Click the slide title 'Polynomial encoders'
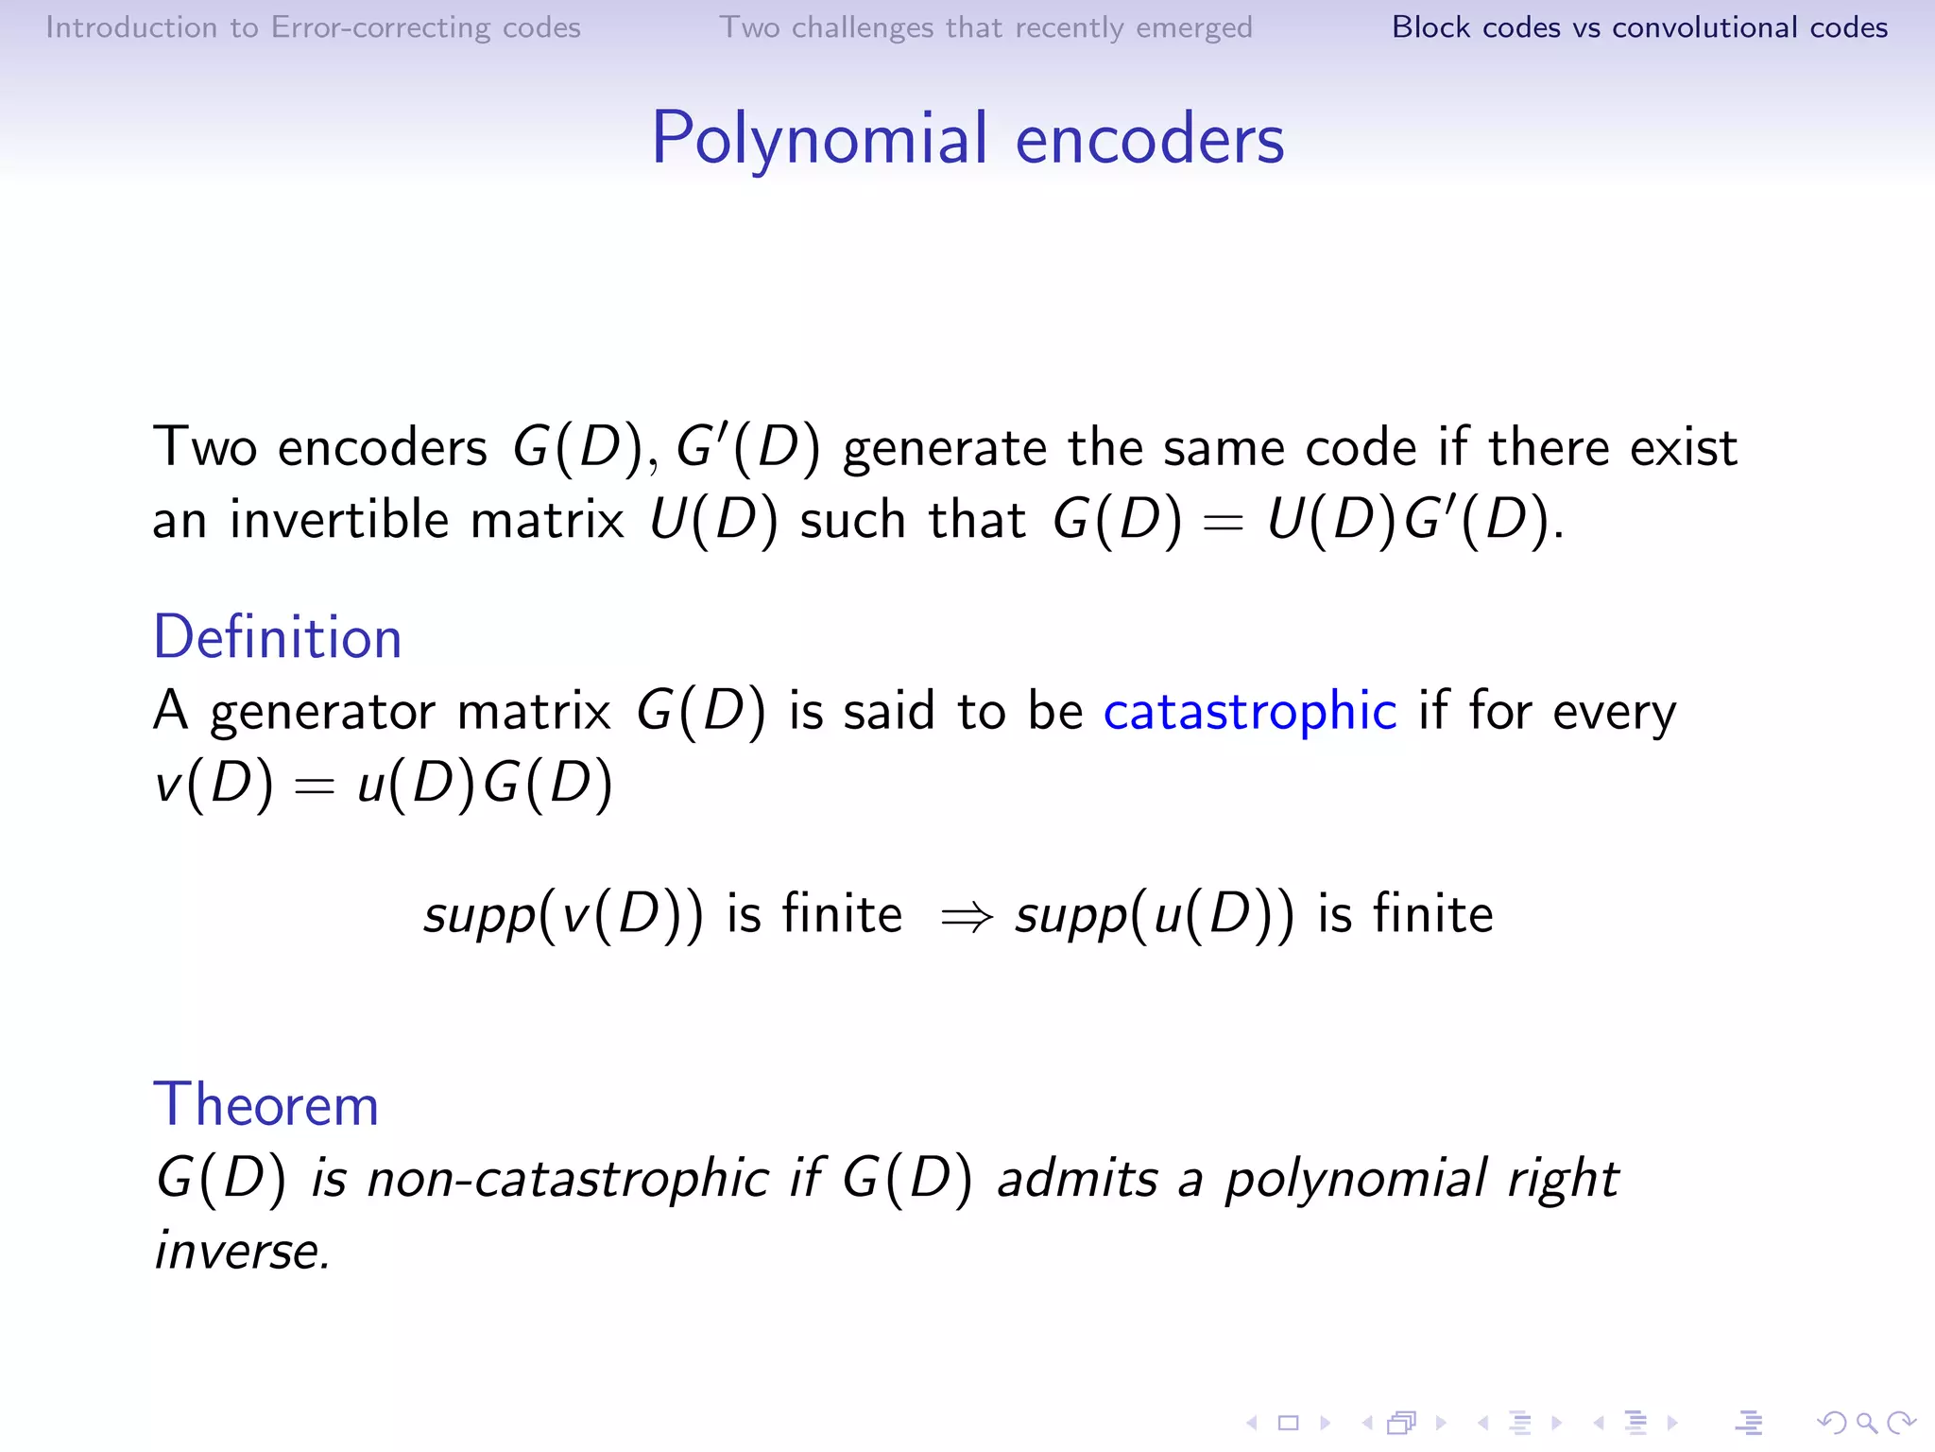pyautogui.click(x=967, y=140)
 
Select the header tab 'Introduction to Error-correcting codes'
pyautogui.click(x=313, y=27)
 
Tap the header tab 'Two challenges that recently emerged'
pyautogui.click(x=985, y=27)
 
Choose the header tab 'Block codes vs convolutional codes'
pyautogui.click(x=1639, y=27)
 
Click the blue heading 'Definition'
pyautogui.click(x=278, y=637)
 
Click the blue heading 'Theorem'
pyautogui.click(x=265, y=1104)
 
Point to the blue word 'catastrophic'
pyautogui.click(x=1249, y=711)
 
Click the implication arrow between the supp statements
pyautogui.click(x=967, y=916)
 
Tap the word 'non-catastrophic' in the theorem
pyautogui.click(x=568, y=1179)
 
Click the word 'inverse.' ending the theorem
pyautogui.click(x=243, y=1252)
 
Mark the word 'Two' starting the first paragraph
pyautogui.click(x=204, y=447)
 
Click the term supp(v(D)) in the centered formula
pyautogui.click(x=563, y=915)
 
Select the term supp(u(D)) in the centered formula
pyautogui.click(x=1155, y=915)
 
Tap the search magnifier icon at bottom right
pyautogui.click(x=1866, y=1423)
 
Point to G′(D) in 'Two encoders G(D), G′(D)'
pyautogui.click(x=747, y=447)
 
